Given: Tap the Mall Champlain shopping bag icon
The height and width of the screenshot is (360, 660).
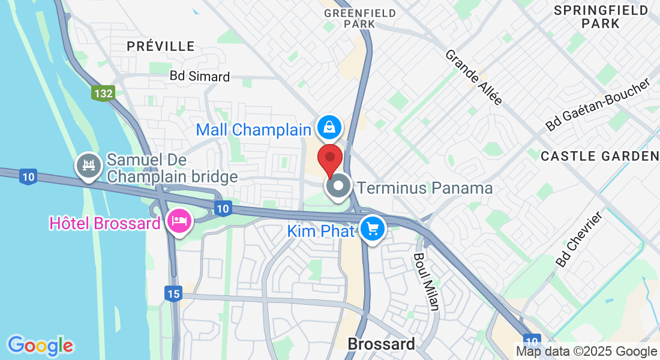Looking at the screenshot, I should [329, 127].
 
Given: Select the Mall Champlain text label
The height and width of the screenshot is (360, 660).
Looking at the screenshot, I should [253, 130].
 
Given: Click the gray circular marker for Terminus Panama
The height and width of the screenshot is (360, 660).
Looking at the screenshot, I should [338, 185].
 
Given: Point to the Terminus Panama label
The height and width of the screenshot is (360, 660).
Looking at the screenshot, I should [425, 188].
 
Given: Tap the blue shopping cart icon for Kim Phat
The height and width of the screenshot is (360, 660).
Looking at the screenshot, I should [372, 229].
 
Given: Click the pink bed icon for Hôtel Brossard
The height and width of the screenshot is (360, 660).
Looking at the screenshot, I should [179, 221].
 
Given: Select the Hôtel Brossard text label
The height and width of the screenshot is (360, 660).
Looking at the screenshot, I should [105, 223].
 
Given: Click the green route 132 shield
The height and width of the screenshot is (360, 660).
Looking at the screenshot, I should [103, 94].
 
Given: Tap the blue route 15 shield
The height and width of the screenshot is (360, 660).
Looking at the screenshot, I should [172, 293].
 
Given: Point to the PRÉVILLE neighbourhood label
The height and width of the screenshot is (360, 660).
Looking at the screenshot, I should [161, 46].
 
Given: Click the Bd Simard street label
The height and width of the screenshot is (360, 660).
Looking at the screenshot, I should [200, 76].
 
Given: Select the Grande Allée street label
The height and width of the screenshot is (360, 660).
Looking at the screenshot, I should [473, 77].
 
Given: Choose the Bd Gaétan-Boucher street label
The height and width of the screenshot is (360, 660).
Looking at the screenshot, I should [598, 105].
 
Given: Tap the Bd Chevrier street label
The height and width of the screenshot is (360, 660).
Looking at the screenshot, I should [578, 240].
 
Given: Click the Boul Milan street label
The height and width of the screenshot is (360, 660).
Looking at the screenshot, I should [425, 281].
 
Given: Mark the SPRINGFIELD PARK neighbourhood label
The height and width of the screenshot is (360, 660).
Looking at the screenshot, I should [601, 17].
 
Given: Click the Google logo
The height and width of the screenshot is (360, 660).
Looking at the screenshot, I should [40, 346].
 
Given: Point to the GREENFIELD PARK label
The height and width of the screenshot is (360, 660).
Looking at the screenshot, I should [360, 18].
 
